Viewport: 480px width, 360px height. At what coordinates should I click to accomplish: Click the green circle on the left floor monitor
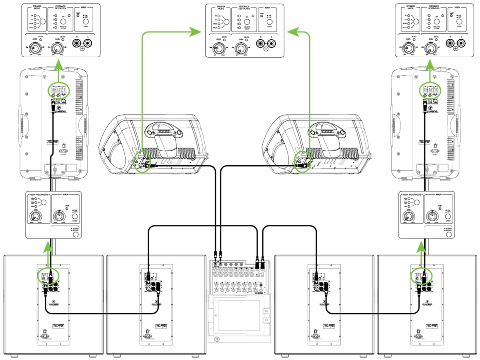tap(142, 162)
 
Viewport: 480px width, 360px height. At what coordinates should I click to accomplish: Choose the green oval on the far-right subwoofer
tap(422, 276)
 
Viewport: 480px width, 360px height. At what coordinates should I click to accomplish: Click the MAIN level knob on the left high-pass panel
tap(58, 216)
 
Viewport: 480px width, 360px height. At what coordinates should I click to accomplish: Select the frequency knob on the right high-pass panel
tap(409, 216)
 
